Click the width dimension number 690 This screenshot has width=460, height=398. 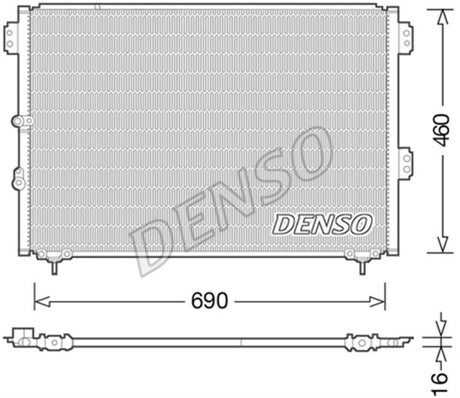point(210,300)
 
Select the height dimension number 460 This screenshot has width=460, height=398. point(441,131)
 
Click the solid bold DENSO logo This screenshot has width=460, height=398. point(321,224)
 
